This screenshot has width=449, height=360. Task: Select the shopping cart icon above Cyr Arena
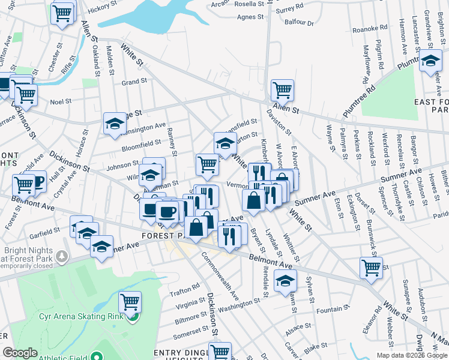pos(130,302)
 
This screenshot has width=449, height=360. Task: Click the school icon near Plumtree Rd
pos(430,61)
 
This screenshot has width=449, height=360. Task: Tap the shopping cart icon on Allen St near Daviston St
pos(282,91)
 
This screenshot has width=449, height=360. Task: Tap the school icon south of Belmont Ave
pos(285,280)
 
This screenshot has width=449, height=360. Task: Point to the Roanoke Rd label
pos(370,28)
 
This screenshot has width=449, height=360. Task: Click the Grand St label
pos(134,82)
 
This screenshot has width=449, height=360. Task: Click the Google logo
pos(20,353)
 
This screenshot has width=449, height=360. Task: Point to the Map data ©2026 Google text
pos(412,355)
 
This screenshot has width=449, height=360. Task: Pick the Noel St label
pos(61,102)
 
